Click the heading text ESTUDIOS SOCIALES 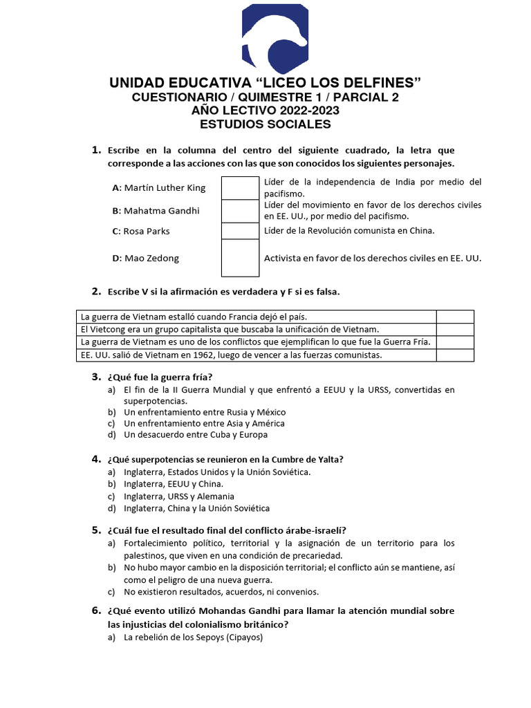point(265,124)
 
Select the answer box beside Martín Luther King point(240,187)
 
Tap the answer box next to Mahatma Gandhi point(240,211)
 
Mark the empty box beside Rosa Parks point(240,231)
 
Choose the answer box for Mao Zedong point(240,258)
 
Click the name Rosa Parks point(141,231)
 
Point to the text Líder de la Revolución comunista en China point(349,231)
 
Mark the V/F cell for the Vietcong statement point(455,329)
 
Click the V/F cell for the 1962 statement point(455,355)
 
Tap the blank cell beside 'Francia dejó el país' point(455,317)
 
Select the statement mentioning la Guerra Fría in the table point(255,342)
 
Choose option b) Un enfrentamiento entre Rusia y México point(204,412)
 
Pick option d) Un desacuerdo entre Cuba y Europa point(195,435)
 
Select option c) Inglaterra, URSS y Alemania point(178,496)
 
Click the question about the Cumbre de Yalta point(225,459)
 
